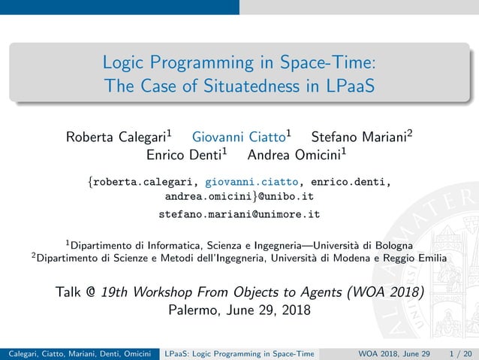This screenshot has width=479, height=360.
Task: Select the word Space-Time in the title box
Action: pyautogui.click(x=327, y=61)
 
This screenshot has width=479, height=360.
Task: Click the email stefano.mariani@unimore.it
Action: pyautogui.click(x=239, y=214)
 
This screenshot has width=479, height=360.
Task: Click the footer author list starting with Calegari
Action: pyautogui.click(x=78, y=353)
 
